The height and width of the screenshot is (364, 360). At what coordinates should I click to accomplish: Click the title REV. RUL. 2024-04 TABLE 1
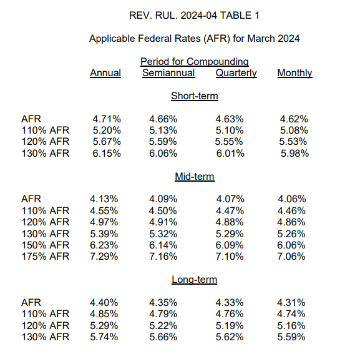tap(194, 15)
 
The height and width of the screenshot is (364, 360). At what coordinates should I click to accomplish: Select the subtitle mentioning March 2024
tap(194, 39)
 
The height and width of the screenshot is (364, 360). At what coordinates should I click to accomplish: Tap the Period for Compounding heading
tap(194, 62)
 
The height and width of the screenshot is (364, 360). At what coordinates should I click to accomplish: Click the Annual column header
tap(105, 73)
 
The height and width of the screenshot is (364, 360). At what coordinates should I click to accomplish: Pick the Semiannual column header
tap(168, 73)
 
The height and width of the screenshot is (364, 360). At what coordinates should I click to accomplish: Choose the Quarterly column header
tap(236, 73)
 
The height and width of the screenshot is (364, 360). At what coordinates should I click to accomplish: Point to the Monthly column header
tap(294, 73)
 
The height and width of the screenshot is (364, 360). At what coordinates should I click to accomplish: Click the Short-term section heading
tap(194, 96)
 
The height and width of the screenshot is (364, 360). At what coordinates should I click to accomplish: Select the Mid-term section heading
tap(194, 177)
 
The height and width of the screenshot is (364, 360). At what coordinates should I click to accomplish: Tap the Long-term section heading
tap(194, 280)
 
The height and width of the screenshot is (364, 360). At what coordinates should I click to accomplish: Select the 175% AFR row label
tap(46, 257)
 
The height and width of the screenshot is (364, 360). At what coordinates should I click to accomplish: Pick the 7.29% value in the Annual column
tap(107, 257)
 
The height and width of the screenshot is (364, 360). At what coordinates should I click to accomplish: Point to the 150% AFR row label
tap(46, 245)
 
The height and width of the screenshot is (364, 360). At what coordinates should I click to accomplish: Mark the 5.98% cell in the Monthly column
tap(294, 154)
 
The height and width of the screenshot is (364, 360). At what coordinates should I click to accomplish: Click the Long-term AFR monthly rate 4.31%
tap(291, 303)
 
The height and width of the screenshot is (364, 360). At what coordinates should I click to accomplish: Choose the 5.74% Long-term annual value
tap(107, 337)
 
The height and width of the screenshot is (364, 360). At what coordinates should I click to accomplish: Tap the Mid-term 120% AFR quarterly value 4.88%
tap(230, 222)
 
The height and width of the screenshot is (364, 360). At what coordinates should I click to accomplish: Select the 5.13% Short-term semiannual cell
tap(163, 130)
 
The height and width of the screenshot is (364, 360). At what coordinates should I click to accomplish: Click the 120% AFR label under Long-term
tap(46, 326)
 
